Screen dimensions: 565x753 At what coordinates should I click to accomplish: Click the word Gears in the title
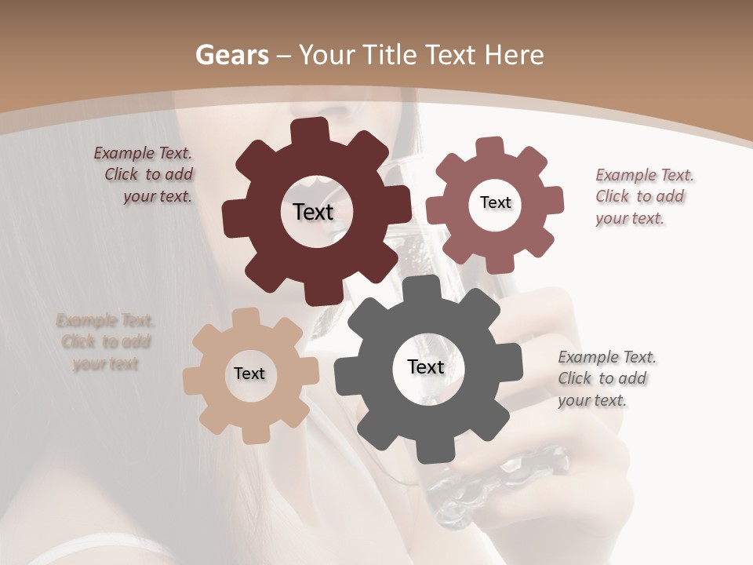click(x=231, y=55)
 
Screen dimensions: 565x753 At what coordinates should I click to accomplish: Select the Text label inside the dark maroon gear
click(x=313, y=212)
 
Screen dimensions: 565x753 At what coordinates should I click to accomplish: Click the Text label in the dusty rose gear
click(x=495, y=202)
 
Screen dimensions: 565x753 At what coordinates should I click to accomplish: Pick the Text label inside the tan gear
click(x=249, y=374)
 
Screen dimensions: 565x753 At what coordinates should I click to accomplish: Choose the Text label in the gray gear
click(x=426, y=366)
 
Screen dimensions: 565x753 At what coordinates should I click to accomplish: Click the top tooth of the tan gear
click(x=246, y=319)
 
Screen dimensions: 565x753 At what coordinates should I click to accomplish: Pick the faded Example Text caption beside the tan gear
click(x=106, y=342)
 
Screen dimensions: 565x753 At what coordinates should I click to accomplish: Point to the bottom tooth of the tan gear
click(x=255, y=432)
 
